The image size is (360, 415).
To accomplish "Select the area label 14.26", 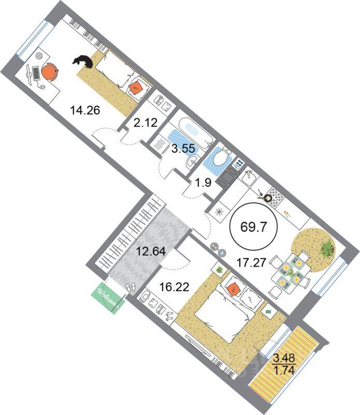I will [x=85, y=110].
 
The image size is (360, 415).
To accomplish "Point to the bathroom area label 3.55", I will [x=184, y=148].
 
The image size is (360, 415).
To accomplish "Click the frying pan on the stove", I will [x=268, y=197].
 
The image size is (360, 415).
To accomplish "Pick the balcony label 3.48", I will [x=284, y=358].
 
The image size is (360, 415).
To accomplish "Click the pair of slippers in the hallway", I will [x=131, y=287].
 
